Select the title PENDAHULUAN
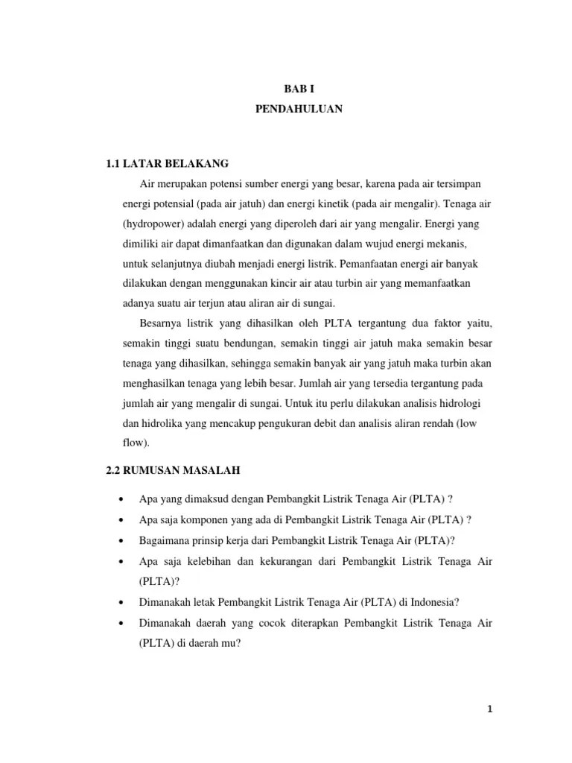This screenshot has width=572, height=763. [298, 109]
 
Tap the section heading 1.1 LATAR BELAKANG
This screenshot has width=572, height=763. [168, 163]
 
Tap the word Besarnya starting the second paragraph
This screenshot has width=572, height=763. [160, 324]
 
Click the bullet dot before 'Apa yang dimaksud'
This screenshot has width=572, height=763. [120, 498]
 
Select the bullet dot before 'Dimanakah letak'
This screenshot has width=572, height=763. [120, 602]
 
